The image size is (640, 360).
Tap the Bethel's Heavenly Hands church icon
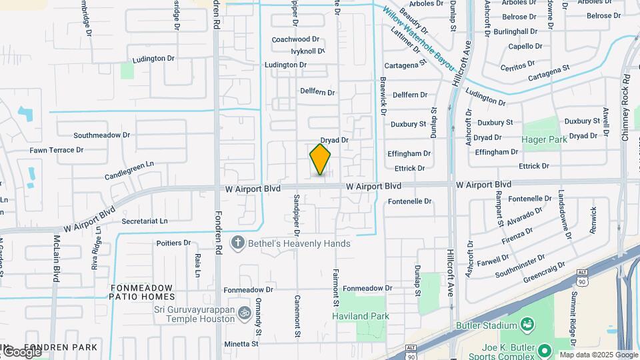[237, 243]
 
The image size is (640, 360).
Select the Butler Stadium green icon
[529, 325]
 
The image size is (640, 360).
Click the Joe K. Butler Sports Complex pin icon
[545, 349]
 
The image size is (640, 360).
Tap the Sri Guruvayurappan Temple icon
[245, 312]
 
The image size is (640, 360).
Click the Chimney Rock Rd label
[625, 107]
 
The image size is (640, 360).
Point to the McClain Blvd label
[57, 256]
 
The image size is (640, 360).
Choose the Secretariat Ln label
[145, 221]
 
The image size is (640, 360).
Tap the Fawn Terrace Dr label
[56, 150]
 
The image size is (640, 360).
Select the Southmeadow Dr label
[101, 135]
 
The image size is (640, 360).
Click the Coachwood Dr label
[295, 39]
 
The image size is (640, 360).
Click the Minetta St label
[241, 344]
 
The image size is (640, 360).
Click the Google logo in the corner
[21, 351]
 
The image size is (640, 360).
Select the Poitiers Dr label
[173, 243]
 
